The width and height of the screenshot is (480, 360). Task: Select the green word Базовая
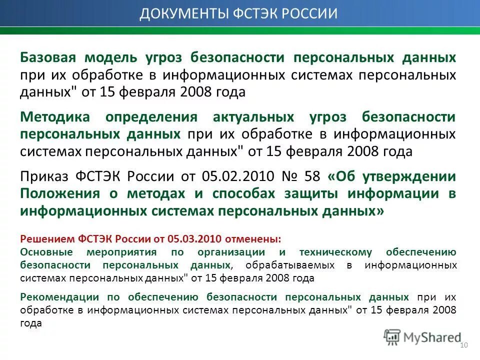[x=47, y=57]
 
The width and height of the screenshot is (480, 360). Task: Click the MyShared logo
[x=422, y=337]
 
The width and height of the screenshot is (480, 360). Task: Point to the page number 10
[x=463, y=346]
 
